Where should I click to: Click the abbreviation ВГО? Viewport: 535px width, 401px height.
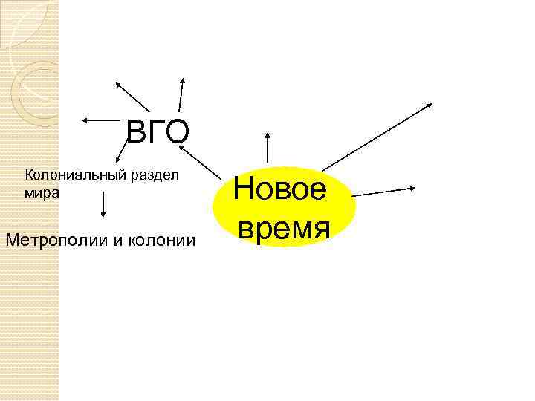point(158,131)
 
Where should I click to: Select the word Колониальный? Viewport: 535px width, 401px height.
point(71,175)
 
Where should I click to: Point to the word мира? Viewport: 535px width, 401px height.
point(38,191)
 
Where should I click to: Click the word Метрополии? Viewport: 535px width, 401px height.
point(57,240)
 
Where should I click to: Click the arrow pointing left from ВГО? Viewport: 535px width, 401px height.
point(100,119)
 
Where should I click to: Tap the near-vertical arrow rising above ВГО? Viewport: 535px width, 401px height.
point(181,94)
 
